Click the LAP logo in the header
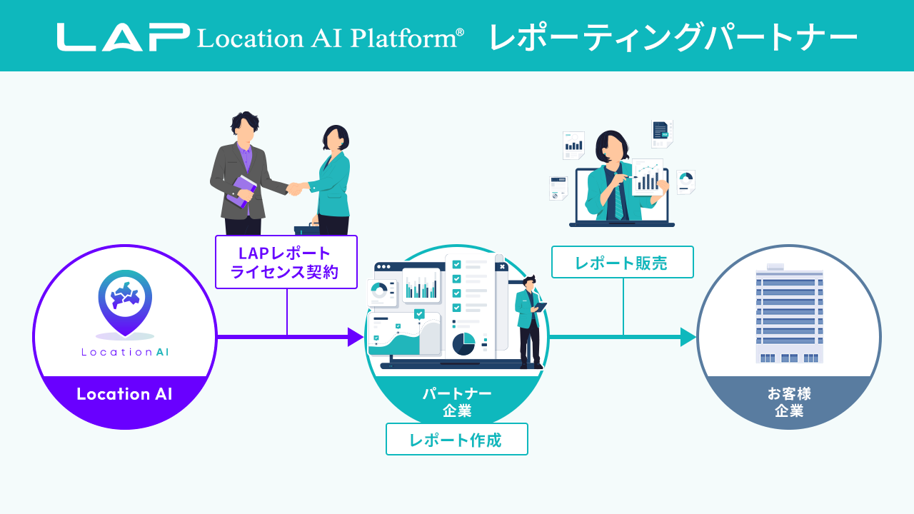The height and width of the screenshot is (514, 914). click(x=123, y=37)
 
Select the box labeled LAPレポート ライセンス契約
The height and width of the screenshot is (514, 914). click(x=286, y=262)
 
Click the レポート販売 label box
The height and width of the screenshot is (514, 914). click(x=622, y=262)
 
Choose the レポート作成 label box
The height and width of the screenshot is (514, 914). click(x=456, y=439)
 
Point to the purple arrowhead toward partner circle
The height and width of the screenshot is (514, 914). click(x=356, y=336)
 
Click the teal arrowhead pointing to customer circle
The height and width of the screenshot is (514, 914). click(x=688, y=336)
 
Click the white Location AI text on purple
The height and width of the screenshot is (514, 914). click(x=124, y=394)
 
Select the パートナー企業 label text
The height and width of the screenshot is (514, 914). click(x=457, y=402)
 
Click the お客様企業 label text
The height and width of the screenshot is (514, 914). click(x=789, y=402)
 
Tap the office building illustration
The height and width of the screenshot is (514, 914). click(x=789, y=314)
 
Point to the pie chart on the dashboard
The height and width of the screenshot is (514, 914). click(x=463, y=344)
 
